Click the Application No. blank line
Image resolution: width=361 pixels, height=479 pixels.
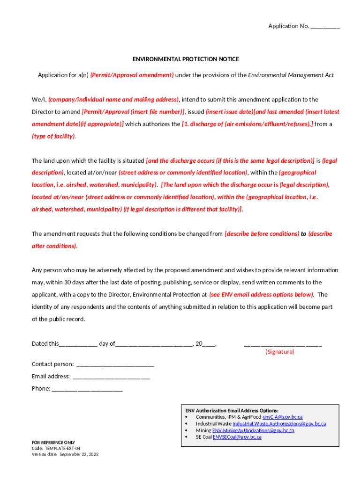(x=325, y=27)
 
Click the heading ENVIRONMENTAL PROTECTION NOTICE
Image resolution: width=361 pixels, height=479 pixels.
(x=186, y=59)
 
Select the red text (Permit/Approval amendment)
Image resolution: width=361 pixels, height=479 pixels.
(x=132, y=75)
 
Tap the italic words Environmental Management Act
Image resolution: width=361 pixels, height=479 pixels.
(x=291, y=75)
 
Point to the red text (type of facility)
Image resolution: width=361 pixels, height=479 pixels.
(x=53, y=136)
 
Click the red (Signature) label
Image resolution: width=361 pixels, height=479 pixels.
(x=280, y=352)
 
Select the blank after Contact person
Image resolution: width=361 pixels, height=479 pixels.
(x=115, y=365)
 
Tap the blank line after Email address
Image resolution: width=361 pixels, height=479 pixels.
(x=112, y=377)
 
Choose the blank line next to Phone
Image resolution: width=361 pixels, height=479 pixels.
(x=87, y=389)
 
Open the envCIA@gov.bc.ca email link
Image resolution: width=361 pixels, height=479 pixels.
(x=283, y=417)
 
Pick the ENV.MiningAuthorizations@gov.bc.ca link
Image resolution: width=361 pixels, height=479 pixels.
(x=253, y=430)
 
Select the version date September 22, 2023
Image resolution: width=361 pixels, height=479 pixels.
(x=79, y=454)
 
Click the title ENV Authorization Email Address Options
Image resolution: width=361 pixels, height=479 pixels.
(x=232, y=410)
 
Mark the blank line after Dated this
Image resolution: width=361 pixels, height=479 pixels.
(x=78, y=344)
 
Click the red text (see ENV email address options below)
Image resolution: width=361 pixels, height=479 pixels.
(x=261, y=295)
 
